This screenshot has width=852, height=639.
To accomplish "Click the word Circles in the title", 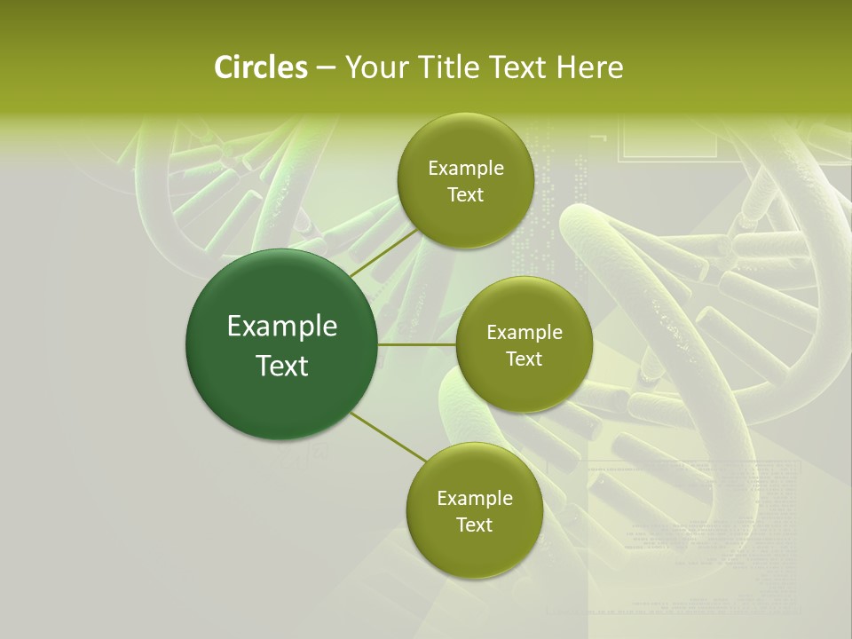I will (x=261, y=67).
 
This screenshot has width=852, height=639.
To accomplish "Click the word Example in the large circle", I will (x=282, y=327).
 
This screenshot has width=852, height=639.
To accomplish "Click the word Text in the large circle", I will (x=282, y=366).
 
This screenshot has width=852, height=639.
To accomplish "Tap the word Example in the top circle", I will (x=466, y=169).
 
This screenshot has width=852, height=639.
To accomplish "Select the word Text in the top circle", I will (x=466, y=195).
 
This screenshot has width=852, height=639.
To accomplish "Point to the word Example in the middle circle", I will (x=525, y=333).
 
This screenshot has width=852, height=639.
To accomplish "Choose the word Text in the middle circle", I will (x=525, y=359).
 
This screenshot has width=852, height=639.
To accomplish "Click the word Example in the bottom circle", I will (x=475, y=499).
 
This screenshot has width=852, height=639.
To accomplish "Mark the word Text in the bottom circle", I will (x=475, y=525).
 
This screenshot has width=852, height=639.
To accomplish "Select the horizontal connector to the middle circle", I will (x=417, y=344).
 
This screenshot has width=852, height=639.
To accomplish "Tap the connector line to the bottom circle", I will (x=389, y=438).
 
